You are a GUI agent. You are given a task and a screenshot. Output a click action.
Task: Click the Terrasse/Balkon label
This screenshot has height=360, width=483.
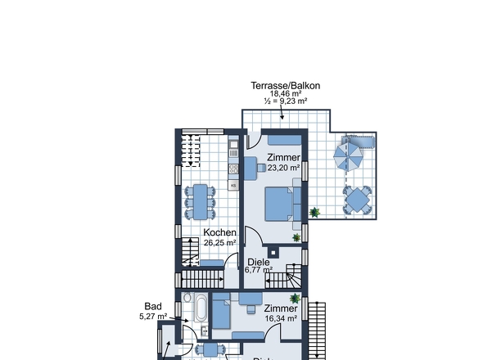286,86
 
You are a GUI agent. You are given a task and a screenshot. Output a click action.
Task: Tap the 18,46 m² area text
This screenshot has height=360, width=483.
286,93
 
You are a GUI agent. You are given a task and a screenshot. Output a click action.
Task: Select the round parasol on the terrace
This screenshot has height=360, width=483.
348,157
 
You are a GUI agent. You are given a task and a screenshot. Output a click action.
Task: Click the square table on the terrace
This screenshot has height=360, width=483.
357,200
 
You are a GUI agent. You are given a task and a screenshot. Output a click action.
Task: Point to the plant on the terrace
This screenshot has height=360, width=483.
314,212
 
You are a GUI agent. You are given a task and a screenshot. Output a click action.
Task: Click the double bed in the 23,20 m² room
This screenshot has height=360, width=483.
279,204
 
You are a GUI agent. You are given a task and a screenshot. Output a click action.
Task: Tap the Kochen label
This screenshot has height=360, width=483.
220,232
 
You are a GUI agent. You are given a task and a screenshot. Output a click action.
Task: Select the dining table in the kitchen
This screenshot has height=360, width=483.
201,202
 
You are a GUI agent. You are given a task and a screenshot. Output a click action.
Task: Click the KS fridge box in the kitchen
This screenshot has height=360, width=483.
233,186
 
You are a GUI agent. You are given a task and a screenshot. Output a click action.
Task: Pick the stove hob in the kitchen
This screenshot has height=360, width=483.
233,169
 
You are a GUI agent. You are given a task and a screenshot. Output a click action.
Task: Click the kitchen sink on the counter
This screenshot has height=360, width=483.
233,144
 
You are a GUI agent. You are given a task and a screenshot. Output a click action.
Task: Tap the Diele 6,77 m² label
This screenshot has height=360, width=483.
259,266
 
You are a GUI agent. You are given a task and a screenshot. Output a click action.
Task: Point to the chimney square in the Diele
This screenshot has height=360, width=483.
273,253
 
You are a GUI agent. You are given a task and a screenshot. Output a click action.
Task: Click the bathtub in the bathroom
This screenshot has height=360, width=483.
201,308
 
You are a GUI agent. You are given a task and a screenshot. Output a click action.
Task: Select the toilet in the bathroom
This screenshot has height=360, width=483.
187,297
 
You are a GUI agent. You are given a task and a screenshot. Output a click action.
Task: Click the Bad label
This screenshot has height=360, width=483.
153,307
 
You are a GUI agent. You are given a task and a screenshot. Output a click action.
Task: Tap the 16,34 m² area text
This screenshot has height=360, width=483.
281,318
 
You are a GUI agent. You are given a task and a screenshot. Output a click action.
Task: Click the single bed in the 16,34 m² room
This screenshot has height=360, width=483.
221,311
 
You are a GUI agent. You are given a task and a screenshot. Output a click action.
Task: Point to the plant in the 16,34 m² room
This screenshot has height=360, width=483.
295,298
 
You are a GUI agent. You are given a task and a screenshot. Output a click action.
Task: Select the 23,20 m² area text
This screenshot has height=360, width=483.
284,168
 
